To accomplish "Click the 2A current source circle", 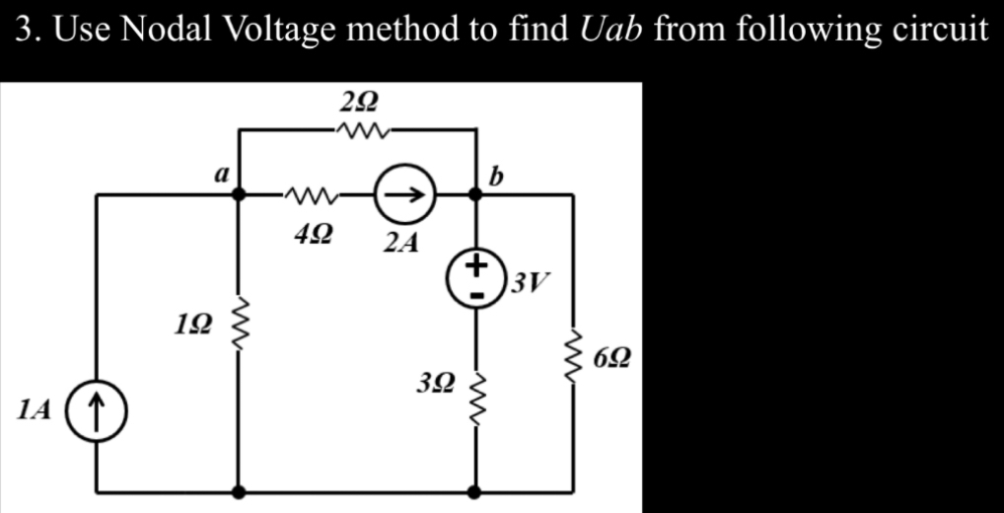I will pos(397,195).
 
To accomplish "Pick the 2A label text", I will pos(398,242).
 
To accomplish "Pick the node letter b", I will pos(496,177).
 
